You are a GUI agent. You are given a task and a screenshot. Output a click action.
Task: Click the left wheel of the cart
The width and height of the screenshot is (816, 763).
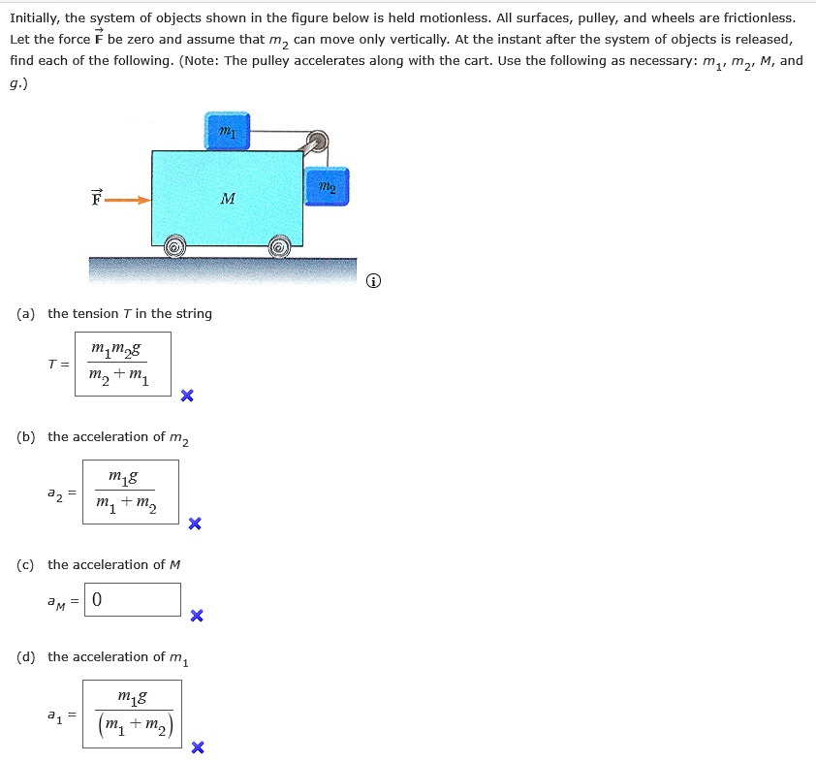coord(174,247)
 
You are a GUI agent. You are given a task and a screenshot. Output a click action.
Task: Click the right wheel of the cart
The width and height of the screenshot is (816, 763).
coord(280,247)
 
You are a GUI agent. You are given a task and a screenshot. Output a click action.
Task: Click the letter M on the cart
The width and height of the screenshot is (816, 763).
coord(228,200)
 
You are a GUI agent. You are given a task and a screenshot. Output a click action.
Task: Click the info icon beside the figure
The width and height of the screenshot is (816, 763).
coord(374,282)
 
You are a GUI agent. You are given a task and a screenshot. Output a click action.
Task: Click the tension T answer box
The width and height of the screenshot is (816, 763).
coord(122,364)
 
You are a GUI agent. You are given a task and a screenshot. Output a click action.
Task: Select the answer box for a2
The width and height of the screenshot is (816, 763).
coord(130,492)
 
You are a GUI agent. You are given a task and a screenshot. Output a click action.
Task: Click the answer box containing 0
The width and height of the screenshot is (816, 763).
coord(132,600)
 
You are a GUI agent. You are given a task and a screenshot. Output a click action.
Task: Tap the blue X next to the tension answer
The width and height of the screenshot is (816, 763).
coord(187,396)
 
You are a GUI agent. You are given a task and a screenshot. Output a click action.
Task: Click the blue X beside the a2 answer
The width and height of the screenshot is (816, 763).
coord(195,525)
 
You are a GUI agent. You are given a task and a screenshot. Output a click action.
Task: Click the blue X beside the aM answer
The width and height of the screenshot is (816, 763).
coord(197,616)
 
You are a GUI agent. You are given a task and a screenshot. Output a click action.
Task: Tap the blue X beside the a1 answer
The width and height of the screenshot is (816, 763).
coord(198,747)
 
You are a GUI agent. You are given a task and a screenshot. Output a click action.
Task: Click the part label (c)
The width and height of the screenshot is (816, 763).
coord(26,564)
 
